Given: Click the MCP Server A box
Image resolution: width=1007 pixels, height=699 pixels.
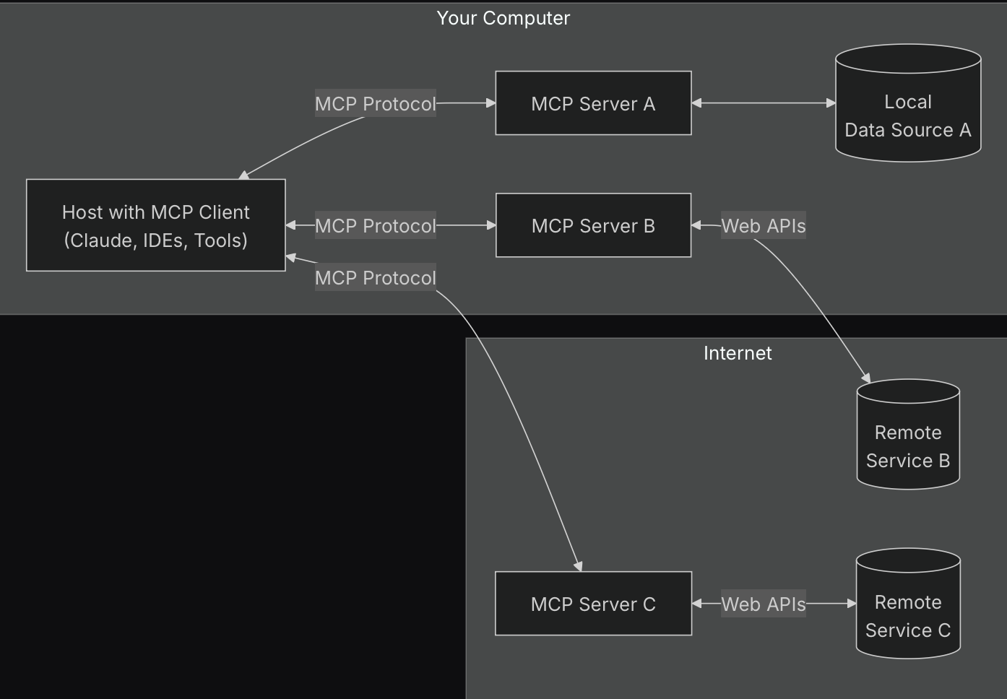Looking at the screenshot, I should (593, 103).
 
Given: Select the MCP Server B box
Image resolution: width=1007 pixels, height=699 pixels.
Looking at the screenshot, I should (593, 225).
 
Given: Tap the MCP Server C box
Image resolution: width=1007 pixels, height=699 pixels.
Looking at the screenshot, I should (593, 604).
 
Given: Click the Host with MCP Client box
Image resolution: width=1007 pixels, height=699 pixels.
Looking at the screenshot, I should (155, 225).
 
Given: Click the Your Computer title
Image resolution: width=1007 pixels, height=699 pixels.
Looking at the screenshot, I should (503, 18).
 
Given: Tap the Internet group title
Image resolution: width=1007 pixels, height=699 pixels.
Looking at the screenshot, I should (738, 353).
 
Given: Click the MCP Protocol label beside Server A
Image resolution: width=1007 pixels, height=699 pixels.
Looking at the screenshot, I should (375, 104).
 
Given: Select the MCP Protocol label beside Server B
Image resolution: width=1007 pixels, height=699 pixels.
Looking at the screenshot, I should (375, 226).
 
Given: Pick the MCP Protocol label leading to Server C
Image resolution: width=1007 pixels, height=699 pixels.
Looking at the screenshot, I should (375, 278).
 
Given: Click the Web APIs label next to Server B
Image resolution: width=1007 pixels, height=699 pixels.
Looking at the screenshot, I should (763, 226).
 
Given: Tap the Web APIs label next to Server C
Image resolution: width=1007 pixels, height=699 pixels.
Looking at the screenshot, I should (763, 604).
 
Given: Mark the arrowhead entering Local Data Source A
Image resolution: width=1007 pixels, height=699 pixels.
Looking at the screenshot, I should (831, 103).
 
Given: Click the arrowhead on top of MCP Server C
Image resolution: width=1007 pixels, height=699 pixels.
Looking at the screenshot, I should (578, 567).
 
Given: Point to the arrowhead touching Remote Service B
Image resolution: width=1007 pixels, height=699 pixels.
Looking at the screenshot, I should (866, 378).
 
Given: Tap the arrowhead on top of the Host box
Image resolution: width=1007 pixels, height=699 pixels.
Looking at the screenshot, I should (244, 175).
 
